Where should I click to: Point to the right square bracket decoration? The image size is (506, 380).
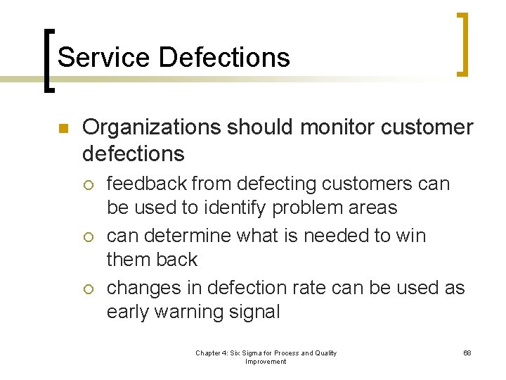[462, 44]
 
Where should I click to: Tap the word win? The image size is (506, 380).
[411, 235]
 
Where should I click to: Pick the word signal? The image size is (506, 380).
[254, 312]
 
